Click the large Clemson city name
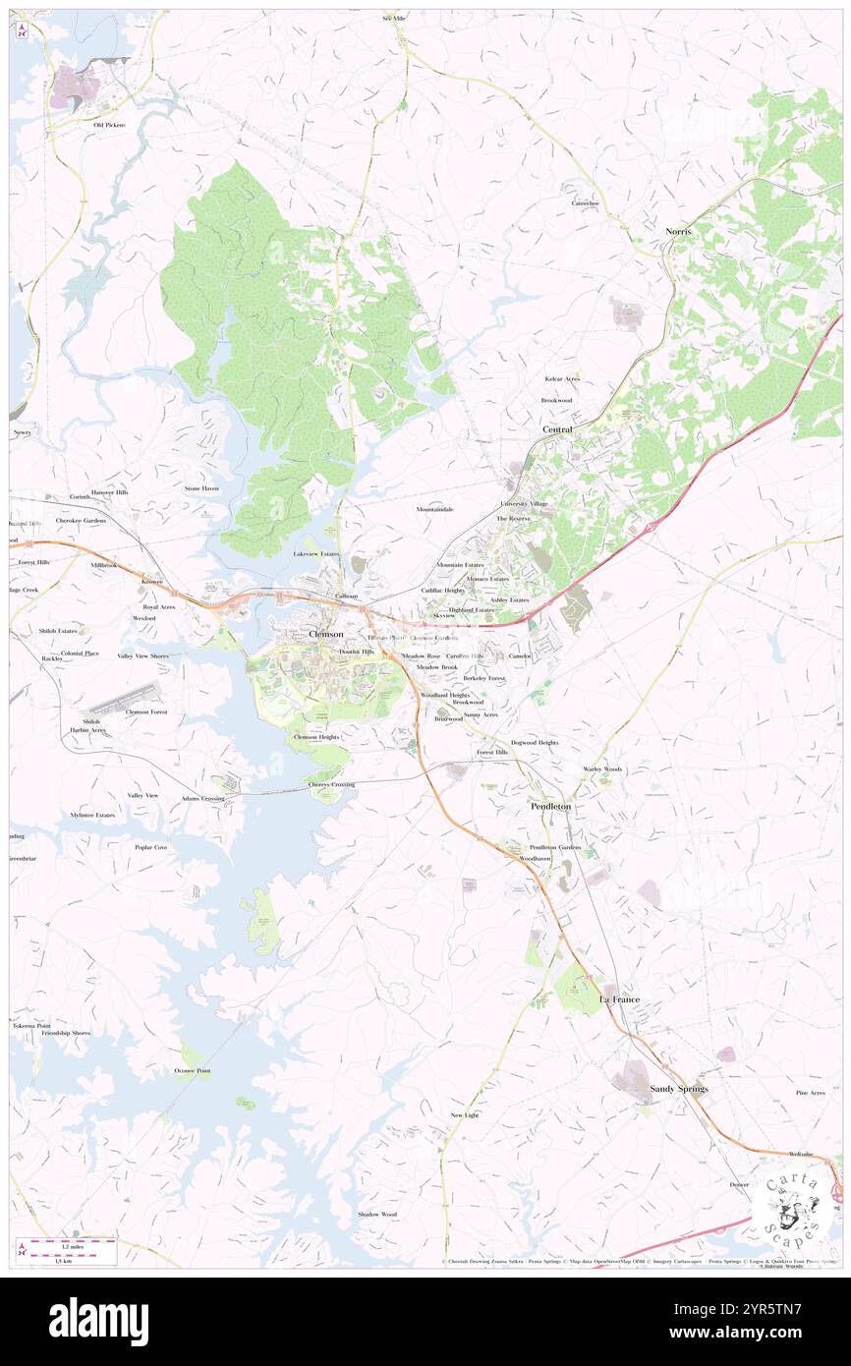(326, 634)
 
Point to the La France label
(619, 999)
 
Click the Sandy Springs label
(679, 1089)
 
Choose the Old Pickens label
(110, 125)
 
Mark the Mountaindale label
(434, 509)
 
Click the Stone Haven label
(201, 487)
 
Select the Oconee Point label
(193, 1070)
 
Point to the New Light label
(464, 1115)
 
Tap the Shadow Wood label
(377, 1214)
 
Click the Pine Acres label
(810, 1093)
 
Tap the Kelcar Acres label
(562, 378)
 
